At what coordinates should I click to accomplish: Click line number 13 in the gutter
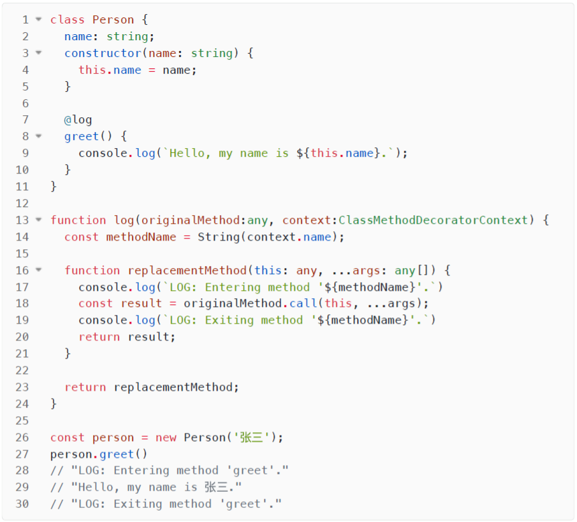pyautogui.click(x=22, y=220)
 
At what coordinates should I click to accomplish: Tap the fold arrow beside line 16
pyautogui.click(x=38, y=270)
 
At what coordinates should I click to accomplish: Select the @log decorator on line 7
pyautogui.click(x=78, y=120)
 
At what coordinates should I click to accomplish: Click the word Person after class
pyautogui.click(x=113, y=20)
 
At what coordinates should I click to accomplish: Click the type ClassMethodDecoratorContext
pyautogui.click(x=433, y=220)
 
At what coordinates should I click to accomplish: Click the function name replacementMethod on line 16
pyautogui.click(x=187, y=270)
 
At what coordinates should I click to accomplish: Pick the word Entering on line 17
pyautogui.click(x=233, y=287)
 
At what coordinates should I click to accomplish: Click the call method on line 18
pyautogui.click(x=303, y=304)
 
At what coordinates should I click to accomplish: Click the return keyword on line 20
pyautogui.click(x=99, y=337)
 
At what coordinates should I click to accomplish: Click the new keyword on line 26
pyautogui.click(x=166, y=438)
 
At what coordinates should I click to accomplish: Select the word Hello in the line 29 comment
pyautogui.click(x=90, y=488)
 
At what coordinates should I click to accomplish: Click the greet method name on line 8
pyautogui.click(x=82, y=137)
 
